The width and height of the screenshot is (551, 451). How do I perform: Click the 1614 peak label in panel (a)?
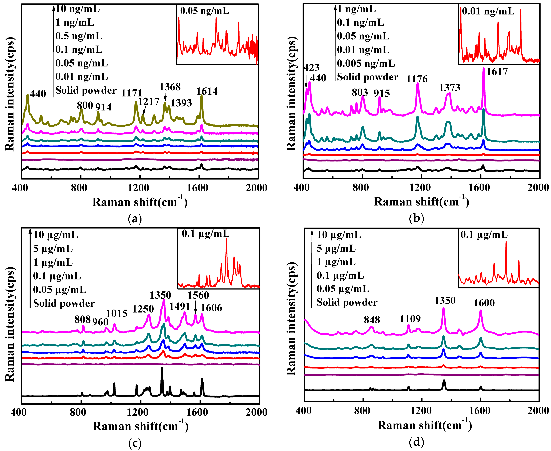coord(207,91)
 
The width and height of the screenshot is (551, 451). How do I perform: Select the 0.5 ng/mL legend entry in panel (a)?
coord(79,36)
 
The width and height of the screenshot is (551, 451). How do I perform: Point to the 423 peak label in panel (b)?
coord(311,68)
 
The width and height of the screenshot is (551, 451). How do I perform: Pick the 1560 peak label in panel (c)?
coord(198,295)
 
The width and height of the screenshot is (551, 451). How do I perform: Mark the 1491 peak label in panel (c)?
coord(180,307)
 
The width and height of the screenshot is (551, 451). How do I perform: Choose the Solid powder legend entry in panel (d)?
coord(347,302)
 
